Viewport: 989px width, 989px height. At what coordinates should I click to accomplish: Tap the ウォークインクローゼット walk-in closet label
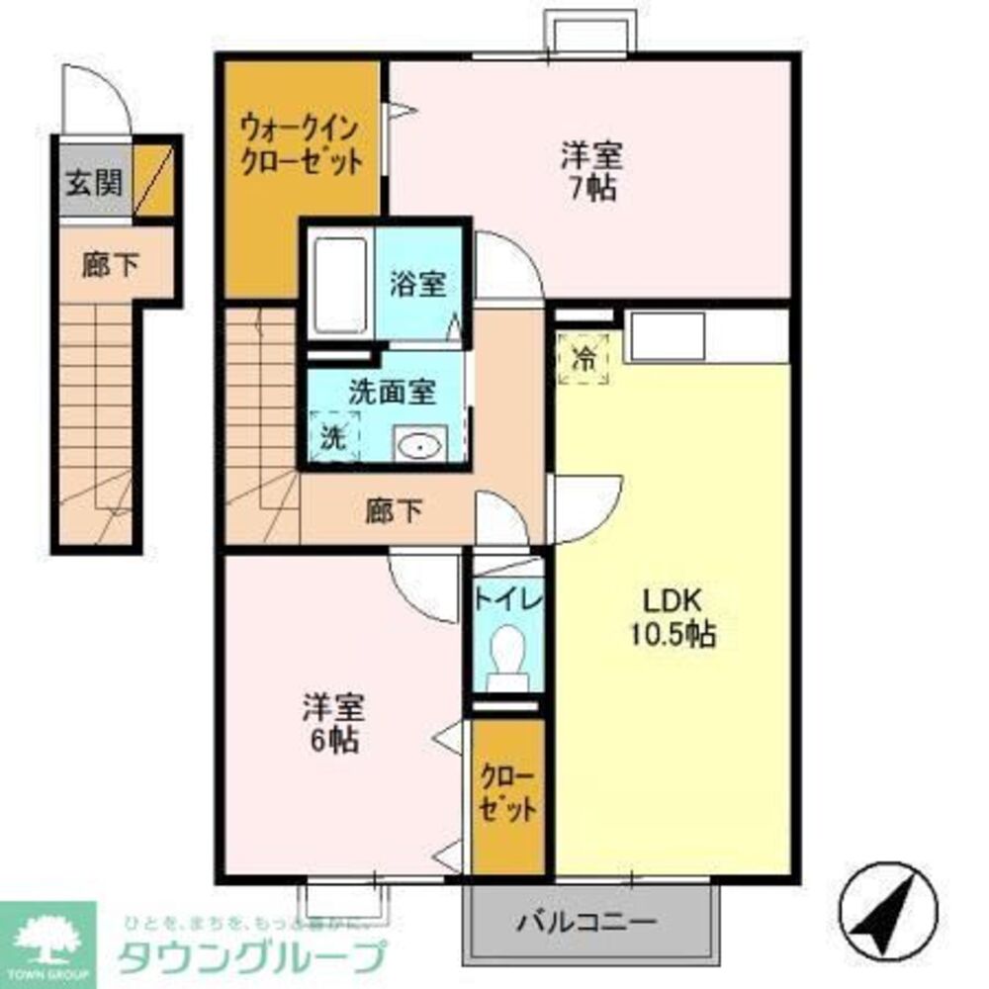click(x=301, y=144)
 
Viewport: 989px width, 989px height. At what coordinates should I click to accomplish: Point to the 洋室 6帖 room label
click(x=332, y=723)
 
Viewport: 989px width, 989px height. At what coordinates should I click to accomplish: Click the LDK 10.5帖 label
click(x=673, y=617)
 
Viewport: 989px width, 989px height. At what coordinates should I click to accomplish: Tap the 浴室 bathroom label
click(x=418, y=284)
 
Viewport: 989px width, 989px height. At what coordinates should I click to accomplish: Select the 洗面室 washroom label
click(x=392, y=392)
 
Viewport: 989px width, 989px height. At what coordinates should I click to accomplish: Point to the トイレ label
click(x=507, y=599)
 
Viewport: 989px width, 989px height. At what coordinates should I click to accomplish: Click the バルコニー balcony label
click(x=586, y=923)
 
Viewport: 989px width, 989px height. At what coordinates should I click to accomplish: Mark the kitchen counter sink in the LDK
click(x=668, y=335)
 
